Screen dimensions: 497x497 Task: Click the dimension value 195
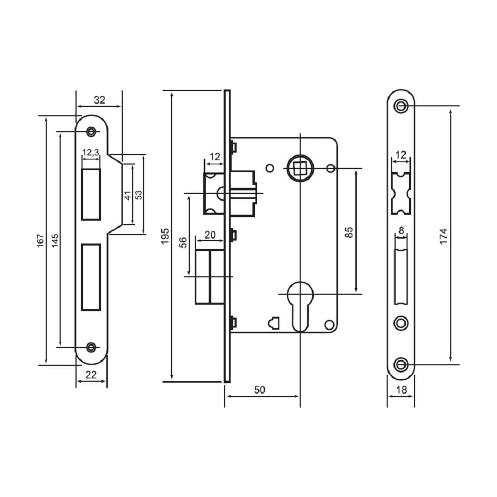(165, 236)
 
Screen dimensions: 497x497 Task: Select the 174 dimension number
(443, 236)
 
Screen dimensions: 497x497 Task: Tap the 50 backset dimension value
(259, 390)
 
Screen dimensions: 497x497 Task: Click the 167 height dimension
(40, 241)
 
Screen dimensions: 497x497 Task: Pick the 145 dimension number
(55, 241)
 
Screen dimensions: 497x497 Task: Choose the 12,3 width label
(90, 153)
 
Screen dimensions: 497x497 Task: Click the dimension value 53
(139, 195)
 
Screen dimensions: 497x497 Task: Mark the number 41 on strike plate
(127, 195)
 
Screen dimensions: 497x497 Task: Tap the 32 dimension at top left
(99, 100)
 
